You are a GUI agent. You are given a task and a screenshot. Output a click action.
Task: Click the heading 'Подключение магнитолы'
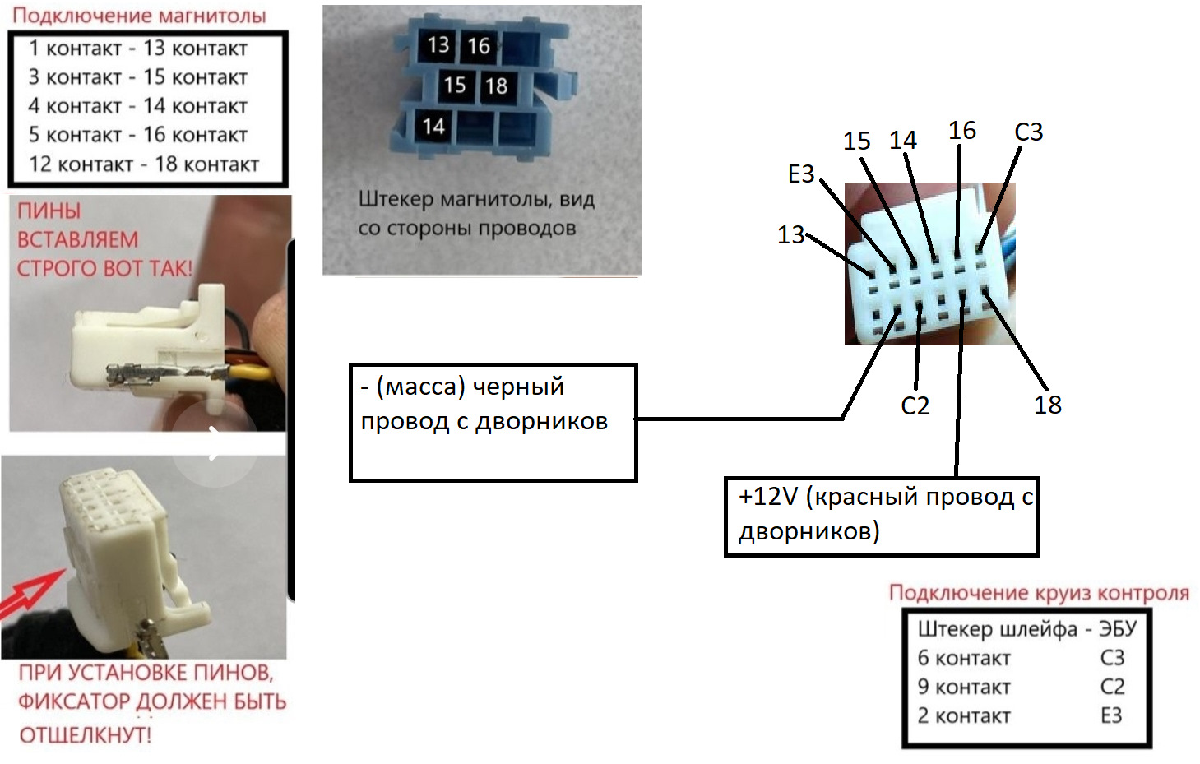click(x=139, y=16)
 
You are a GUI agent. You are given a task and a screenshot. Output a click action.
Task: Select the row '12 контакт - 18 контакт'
click(x=144, y=164)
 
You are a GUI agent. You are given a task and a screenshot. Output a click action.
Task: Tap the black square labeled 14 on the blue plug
click(x=433, y=127)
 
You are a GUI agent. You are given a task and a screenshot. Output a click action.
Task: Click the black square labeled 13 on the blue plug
click(x=438, y=45)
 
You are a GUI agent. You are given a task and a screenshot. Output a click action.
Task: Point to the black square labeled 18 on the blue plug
click(x=496, y=86)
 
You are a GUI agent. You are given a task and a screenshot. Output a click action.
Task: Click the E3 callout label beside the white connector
click(x=801, y=174)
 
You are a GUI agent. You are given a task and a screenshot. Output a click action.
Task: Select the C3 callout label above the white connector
click(x=1029, y=132)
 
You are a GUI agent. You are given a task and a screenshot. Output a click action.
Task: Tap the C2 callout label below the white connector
click(x=915, y=405)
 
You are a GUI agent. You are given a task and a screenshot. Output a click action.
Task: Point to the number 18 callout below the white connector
click(x=1047, y=405)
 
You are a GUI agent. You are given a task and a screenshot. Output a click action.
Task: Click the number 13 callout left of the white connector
click(x=790, y=234)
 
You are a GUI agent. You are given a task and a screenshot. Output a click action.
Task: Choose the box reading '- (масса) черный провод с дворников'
click(x=493, y=423)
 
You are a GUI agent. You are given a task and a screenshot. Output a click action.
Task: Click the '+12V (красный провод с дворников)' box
click(x=881, y=516)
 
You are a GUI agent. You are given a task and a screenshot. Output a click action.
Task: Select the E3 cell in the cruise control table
click(x=1112, y=715)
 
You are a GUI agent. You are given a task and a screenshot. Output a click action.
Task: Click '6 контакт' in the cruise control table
click(x=964, y=658)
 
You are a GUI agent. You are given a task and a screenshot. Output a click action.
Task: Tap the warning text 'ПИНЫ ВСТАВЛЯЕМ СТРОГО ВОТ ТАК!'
click(x=104, y=239)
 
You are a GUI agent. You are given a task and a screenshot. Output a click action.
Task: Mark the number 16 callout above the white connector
click(x=962, y=131)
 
